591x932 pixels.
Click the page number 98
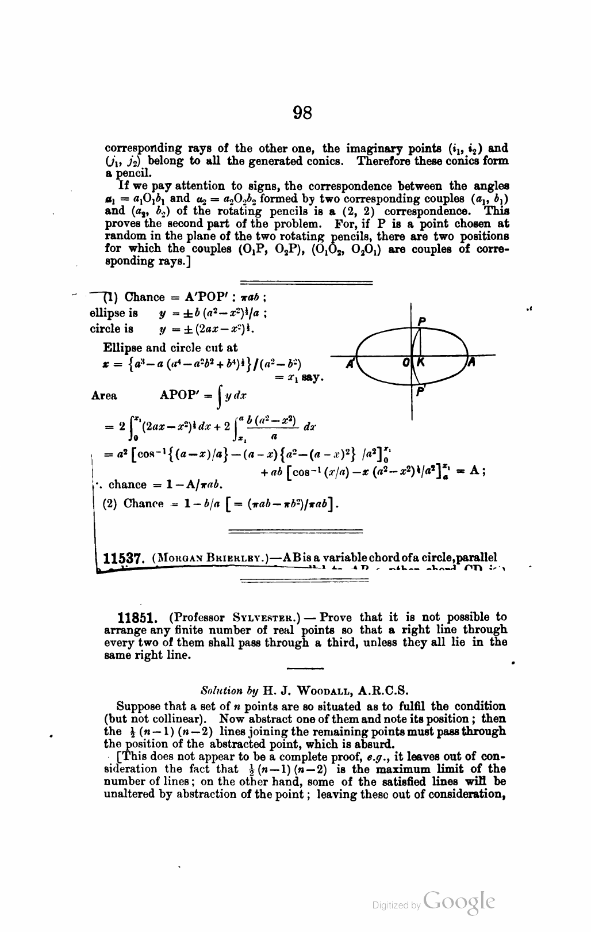pos(302,112)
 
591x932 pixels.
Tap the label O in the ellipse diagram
pos(406,363)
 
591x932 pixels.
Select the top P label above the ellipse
pos(422,322)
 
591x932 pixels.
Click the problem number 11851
pos(137,618)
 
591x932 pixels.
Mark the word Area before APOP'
pos(104,396)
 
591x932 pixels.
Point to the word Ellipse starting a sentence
pos(122,347)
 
